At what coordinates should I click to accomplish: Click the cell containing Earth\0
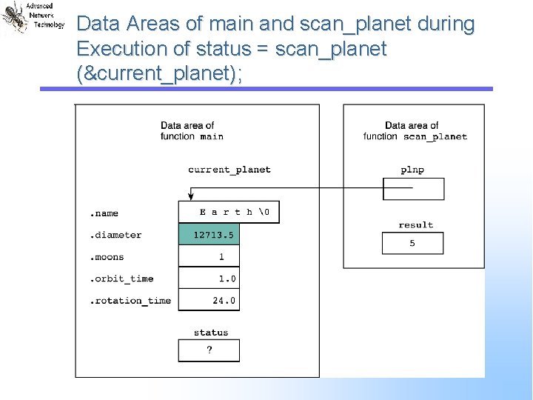tap(229, 212)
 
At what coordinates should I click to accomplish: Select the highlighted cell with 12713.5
tap(209, 235)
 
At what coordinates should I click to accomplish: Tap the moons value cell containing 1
tap(209, 256)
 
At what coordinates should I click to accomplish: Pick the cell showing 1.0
tap(209, 279)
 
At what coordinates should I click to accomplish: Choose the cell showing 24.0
tap(209, 300)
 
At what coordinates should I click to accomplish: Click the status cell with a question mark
tap(209, 350)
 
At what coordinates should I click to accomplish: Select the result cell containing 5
tap(412, 243)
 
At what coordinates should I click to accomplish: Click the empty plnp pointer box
tap(413, 189)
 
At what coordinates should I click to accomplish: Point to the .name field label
tap(104, 213)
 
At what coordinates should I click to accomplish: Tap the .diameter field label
tap(115, 235)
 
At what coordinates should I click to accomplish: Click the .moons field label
tap(107, 257)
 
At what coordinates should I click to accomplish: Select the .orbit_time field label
tap(121, 279)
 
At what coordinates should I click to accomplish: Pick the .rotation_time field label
tap(130, 301)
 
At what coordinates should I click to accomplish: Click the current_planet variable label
tap(229, 170)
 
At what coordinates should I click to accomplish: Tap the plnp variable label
tap(412, 170)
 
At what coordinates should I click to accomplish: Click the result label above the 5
tap(415, 224)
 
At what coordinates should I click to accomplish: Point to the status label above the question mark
tap(211, 333)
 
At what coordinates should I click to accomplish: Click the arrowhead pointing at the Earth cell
tap(192, 197)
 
